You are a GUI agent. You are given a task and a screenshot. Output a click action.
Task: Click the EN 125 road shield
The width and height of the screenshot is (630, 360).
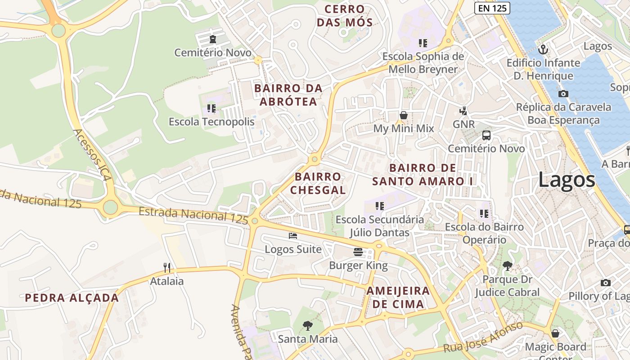(492, 8)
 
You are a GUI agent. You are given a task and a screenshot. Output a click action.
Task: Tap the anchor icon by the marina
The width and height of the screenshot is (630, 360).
(543, 49)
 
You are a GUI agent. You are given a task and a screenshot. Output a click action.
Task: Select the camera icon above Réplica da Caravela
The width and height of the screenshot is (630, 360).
(563, 94)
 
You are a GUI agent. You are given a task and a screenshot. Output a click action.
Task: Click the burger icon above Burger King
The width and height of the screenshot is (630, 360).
(358, 252)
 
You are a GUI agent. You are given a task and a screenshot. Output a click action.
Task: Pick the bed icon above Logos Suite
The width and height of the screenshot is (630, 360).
(293, 235)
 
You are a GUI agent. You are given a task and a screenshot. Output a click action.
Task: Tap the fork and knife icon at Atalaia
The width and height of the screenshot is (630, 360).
(167, 268)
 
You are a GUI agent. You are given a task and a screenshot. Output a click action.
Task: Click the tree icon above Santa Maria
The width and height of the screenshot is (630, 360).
(307, 325)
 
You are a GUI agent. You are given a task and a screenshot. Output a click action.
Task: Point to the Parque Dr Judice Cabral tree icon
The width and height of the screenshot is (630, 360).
(507, 266)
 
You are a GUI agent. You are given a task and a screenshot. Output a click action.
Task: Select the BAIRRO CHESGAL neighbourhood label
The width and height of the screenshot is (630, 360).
(318, 183)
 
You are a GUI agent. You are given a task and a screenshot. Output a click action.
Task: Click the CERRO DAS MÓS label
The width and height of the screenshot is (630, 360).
(345, 16)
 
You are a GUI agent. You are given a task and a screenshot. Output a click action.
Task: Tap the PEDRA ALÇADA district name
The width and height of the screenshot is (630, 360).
(72, 298)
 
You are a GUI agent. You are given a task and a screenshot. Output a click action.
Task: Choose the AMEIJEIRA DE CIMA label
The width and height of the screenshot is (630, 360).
(398, 297)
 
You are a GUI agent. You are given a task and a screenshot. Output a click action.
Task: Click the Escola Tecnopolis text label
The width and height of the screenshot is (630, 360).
(211, 122)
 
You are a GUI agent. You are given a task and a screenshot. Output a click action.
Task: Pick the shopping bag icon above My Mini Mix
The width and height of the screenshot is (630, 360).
(404, 115)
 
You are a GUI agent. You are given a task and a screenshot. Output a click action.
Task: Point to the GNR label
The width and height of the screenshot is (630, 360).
(463, 124)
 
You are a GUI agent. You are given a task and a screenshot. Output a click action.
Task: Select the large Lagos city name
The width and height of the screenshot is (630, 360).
(567, 180)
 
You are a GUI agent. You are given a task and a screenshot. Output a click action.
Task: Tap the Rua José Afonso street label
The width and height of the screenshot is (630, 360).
(483, 337)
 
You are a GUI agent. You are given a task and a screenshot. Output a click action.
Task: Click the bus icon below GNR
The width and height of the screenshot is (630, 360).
(486, 135)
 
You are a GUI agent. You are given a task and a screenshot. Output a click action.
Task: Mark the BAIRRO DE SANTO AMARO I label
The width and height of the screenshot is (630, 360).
(425, 175)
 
